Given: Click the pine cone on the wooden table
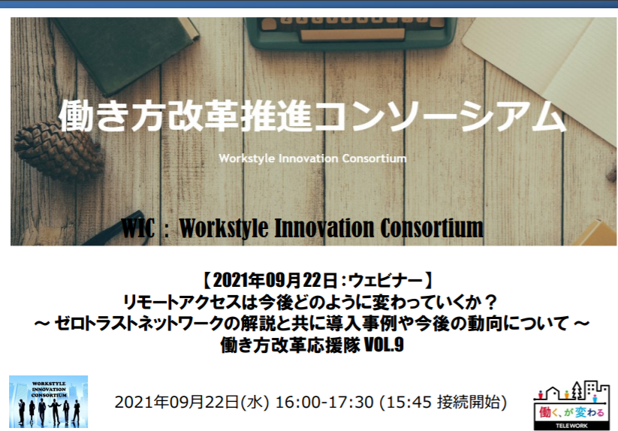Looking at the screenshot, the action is (57, 150).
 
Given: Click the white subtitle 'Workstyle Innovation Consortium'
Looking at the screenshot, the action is (312, 158).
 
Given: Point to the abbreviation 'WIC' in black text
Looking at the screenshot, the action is (137, 228).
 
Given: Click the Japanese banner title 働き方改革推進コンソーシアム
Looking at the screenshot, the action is (312, 116).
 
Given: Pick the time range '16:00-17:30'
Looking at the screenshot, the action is (324, 402).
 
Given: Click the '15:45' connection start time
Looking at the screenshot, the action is (409, 402).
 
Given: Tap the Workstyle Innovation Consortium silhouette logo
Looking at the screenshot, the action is (49, 402).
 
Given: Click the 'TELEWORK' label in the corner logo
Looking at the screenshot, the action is (571, 426).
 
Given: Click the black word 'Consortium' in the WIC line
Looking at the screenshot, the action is (432, 228).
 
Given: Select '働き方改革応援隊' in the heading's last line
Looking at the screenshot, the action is (290, 345).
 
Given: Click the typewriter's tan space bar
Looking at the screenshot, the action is (353, 35).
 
